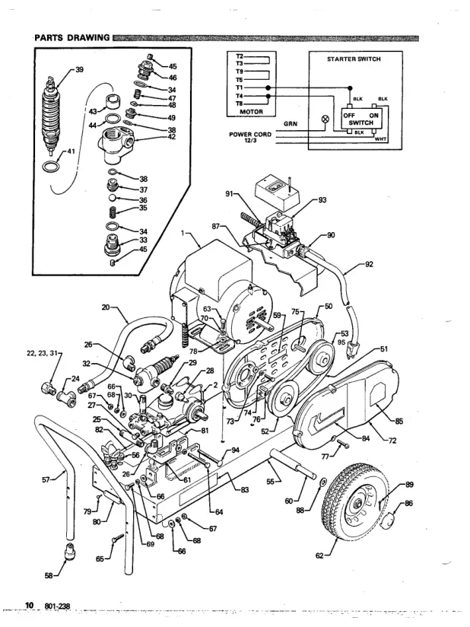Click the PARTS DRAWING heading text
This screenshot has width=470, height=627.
pyautogui.click(x=72, y=38)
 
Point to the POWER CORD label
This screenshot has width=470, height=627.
pyautogui.click(x=250, y=134)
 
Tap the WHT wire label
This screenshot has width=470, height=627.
pyautogui.click(x=381, y=138)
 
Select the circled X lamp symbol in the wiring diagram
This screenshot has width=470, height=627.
pyautogui.click(x=326, y=119)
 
